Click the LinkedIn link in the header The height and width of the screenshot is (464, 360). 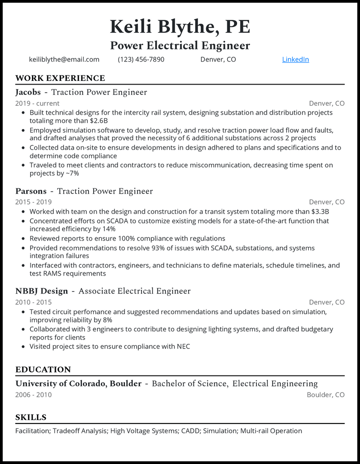pyautogui.click(x=295, y=59)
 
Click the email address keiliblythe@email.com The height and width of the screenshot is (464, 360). pyautogui.click(x=64, y=59)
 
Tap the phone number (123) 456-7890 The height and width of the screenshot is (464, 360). pyautogui.click(x=141, y=59)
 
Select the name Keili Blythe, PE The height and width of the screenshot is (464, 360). pyautogui.click(x=180, y=27)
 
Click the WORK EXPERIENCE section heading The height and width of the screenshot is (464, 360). pyautogui.click(x=60, y=78)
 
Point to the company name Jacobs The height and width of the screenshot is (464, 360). pyautogui.click(x=28, y=92)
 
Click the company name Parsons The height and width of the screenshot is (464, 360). pyautogui.click(x=31, y=191)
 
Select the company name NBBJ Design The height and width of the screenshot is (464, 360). pyautogui.click(x=41, y=291)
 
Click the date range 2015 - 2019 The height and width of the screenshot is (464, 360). pyautogui.click(x=33, y=202)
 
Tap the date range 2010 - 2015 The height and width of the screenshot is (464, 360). pyautogui.click(x=33, y=302)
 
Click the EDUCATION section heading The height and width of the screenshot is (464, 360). pyautogui.click(x=43, y=370)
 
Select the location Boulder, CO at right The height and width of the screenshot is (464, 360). pyautogui.click(x=325, y=395)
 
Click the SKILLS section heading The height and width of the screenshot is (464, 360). pyautogui.click(x=31, y=417)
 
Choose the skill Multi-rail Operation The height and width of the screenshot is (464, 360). pyautogui.click(x=271, y=431)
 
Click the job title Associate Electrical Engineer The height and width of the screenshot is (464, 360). pyautogui.click(x=134, y=291)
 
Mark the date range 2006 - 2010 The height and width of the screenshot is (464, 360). pyautogui.click(x=33, y=395)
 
